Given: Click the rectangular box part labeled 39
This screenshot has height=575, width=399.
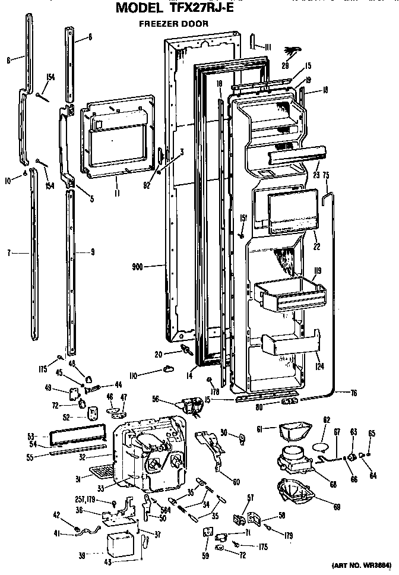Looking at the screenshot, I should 120,544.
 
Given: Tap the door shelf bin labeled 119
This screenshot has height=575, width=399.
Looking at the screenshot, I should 289,295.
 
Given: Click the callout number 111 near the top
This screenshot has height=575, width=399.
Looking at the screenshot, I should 267,47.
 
